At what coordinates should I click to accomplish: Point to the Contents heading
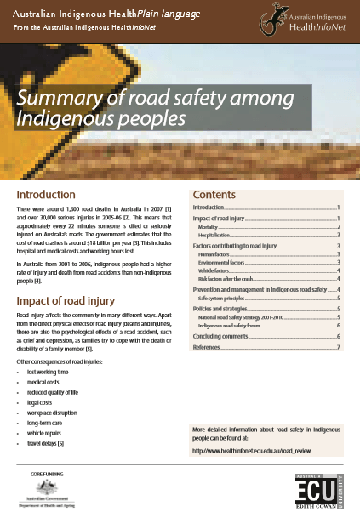tap(220, 195)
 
